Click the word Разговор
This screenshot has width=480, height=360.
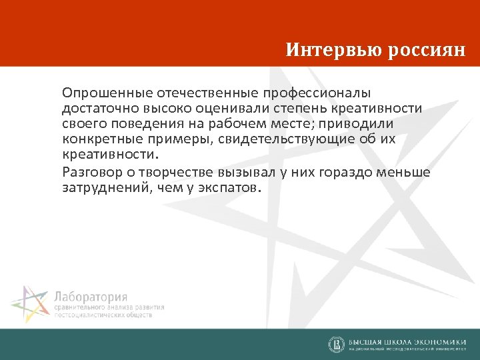coord(89,172)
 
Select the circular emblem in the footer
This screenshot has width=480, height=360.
coord(337,344)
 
